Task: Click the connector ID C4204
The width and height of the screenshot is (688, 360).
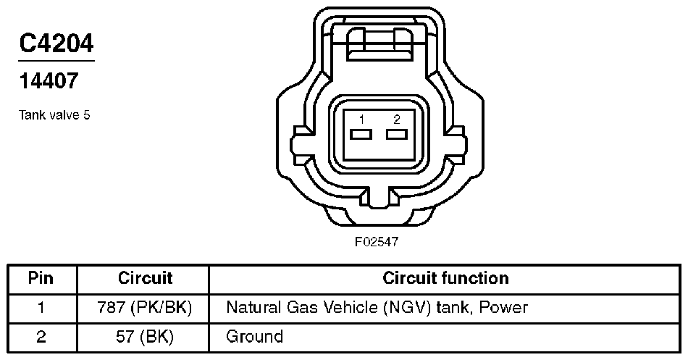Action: click(56, 45)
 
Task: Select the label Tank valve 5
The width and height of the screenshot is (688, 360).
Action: click(55, 115)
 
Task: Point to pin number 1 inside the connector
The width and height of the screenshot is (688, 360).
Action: click(361, 119)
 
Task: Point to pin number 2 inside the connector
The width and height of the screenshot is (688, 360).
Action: click(396, 119)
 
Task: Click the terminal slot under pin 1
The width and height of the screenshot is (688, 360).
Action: click(361, 135)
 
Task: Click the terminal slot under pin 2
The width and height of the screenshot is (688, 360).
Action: click(396, 135)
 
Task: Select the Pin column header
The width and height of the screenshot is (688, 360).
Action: click(41, 278)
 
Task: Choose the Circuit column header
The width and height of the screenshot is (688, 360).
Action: click(145, 278)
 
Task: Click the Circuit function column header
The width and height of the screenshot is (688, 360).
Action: click(445, 278)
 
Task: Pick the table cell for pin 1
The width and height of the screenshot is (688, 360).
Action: click(41, 307)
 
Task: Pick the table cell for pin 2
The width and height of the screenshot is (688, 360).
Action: click(41, 336)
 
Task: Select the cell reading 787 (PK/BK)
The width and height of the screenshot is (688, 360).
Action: click(145, 307)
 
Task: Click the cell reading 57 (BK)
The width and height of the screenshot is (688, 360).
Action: click(145, 336)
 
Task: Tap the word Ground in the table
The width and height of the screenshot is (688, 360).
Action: click(254, 336)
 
